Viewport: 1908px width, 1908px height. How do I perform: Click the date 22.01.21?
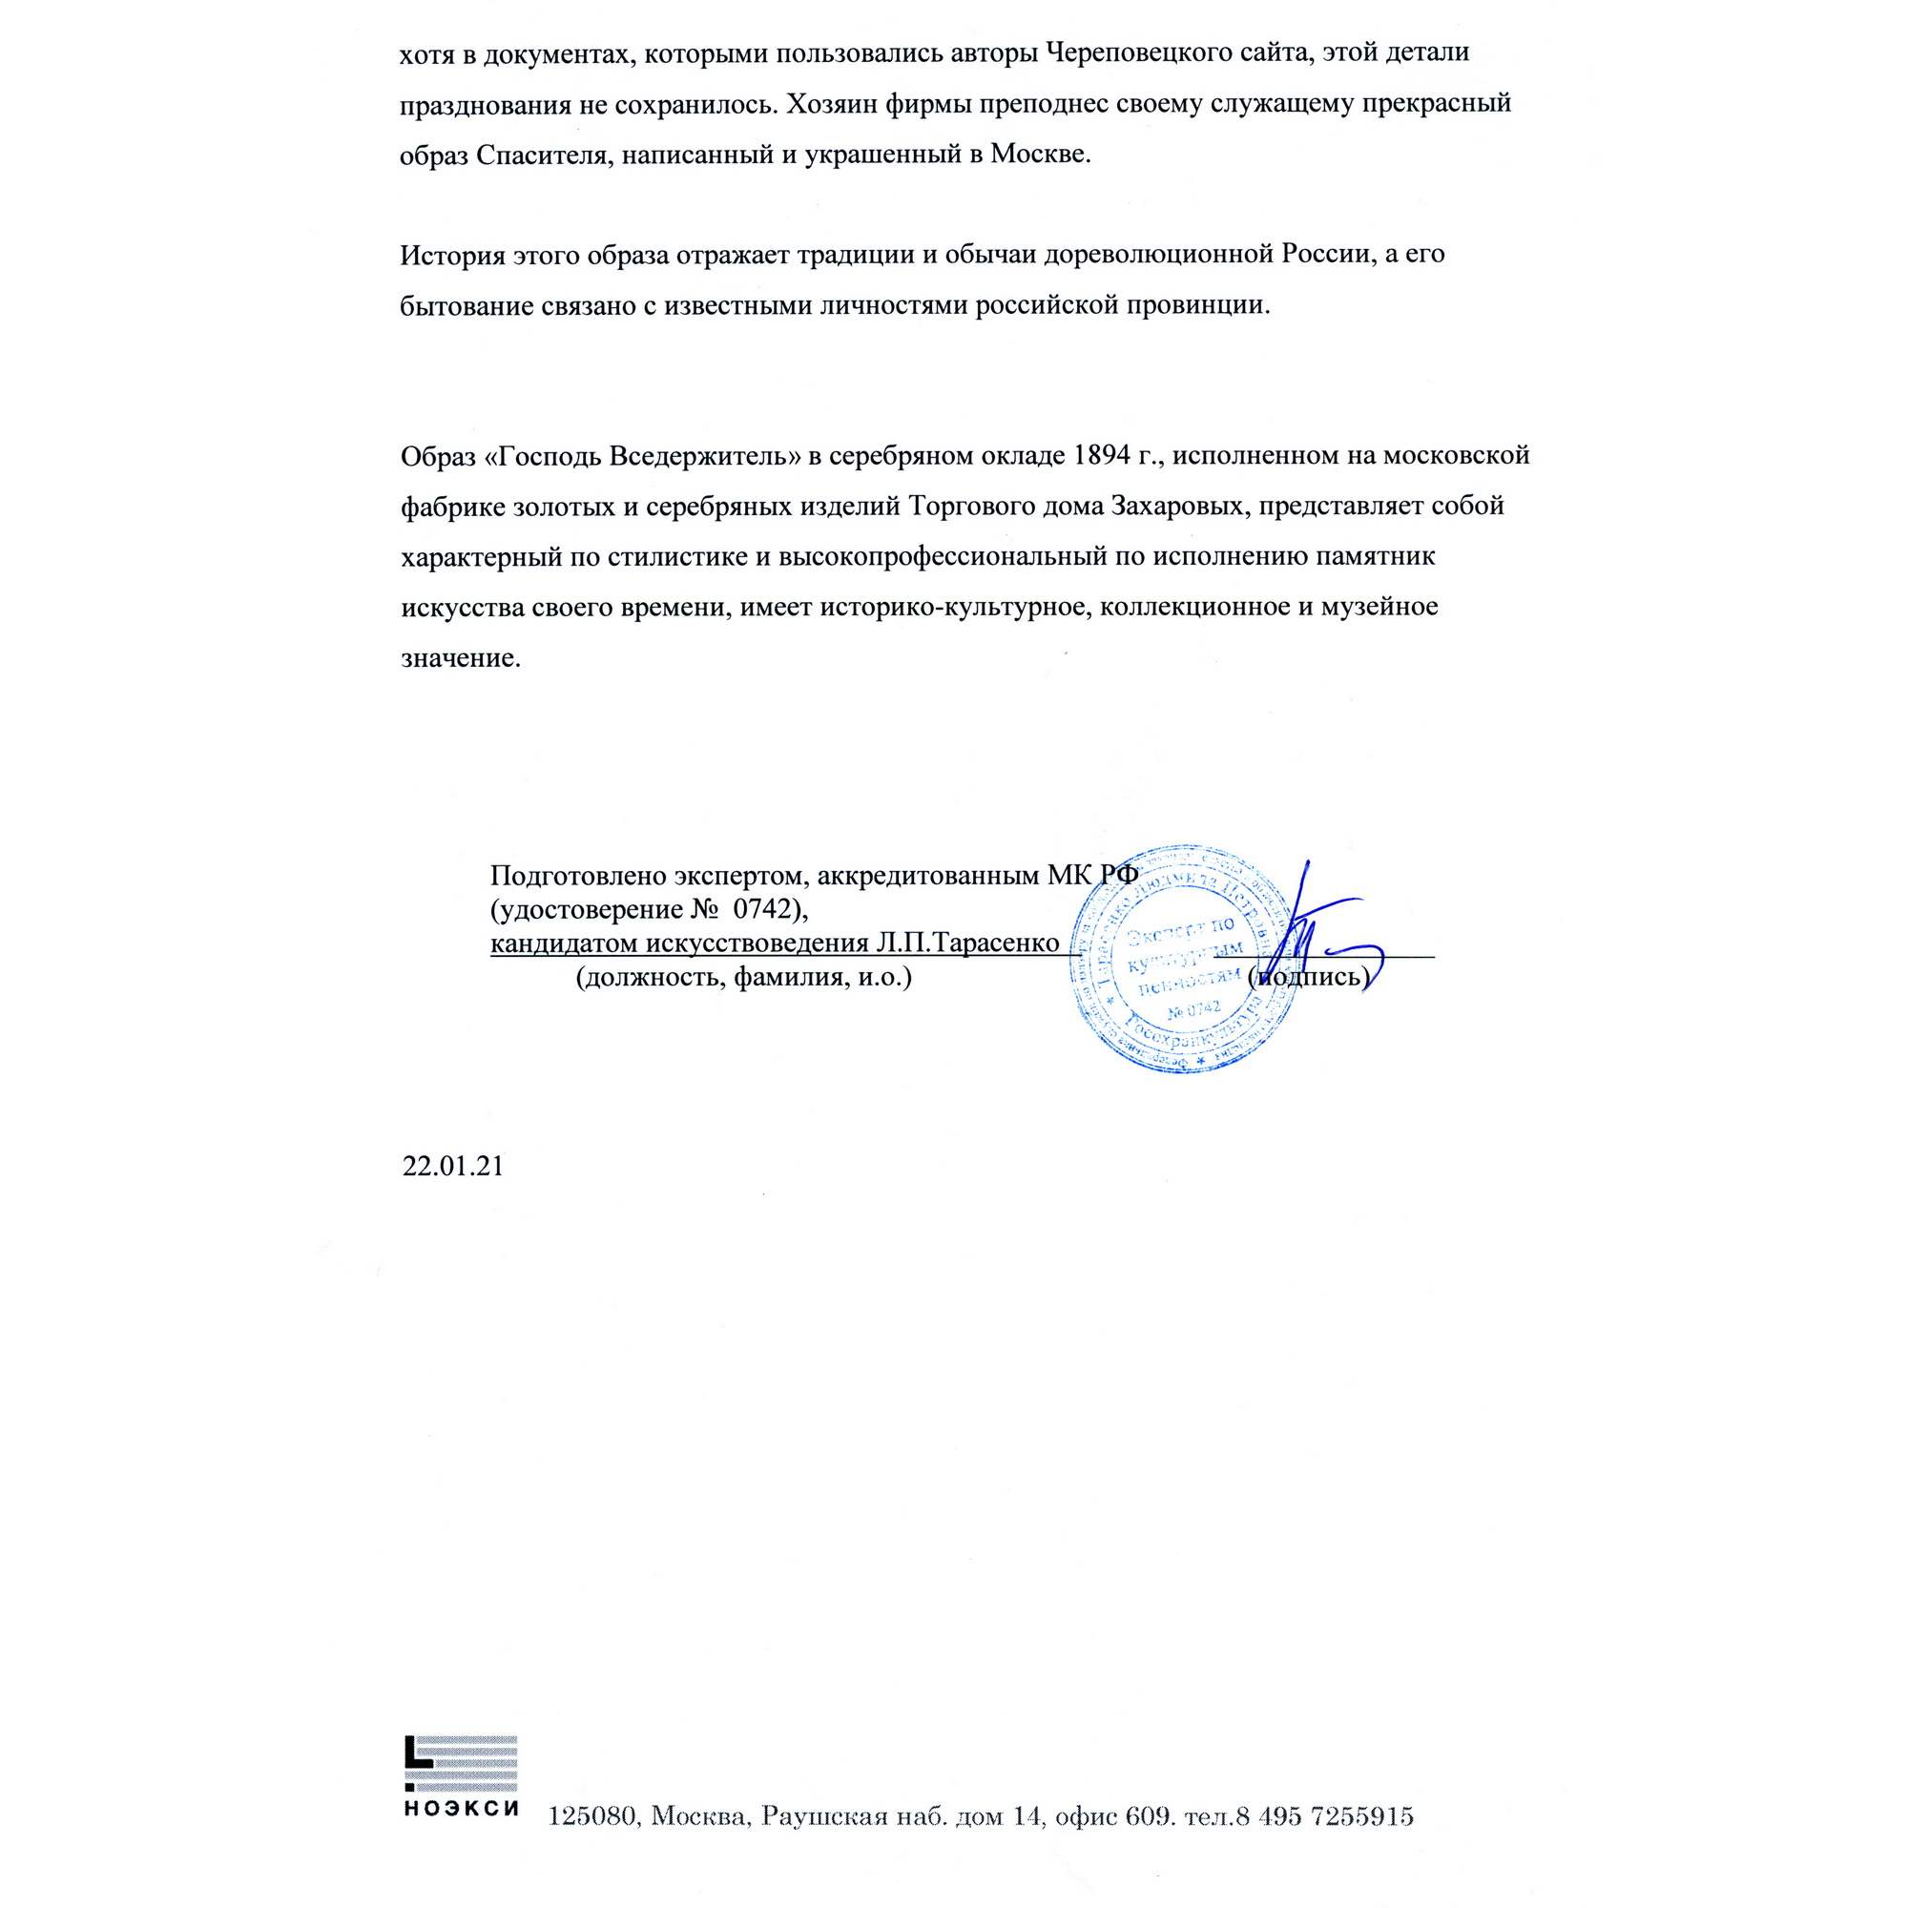[452, 1167]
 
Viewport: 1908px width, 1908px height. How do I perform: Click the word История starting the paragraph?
[453, 254]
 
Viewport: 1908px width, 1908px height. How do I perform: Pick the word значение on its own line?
[460, 657]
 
